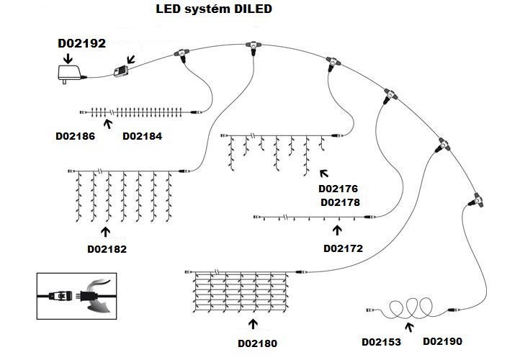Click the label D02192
81,43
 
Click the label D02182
107,249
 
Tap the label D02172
343,248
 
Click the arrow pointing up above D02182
107,232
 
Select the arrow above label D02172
336,230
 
